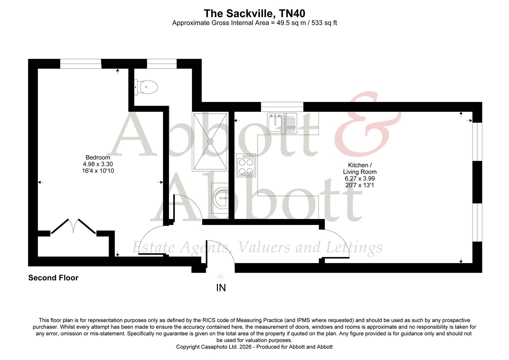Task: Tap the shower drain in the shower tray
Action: (210, 141)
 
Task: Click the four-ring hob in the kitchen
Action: (246, 165)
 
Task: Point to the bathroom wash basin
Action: (221, 199)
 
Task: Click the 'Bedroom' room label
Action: (98, 157)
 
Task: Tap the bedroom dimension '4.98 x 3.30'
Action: (98, 164)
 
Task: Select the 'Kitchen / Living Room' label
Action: (360, 168)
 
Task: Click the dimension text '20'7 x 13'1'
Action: (360, 185)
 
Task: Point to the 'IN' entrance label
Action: (221, 288)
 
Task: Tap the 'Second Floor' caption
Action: (53, 278)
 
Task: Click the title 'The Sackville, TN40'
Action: (254, 13)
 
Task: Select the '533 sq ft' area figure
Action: (324, 23)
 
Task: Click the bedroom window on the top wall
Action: (80, 63)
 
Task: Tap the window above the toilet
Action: (162, 63)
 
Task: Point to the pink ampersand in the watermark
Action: (366, 123)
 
